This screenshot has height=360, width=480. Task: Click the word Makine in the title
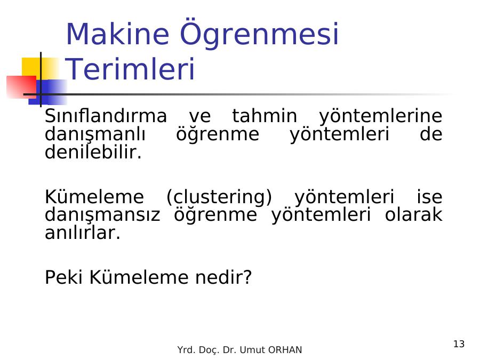tap(117, 34)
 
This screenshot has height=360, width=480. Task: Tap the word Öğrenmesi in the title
tap(259, 34)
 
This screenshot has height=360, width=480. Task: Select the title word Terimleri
tap(131, 69)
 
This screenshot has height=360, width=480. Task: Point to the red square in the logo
tap(21, 87)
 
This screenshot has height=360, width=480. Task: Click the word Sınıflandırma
tap(106, 116)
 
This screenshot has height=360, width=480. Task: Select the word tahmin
tap(265, 116)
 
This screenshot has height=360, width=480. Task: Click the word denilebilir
tap(93, 152)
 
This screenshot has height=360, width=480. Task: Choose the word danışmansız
tap(102, 215)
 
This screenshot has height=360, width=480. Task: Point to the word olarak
tap(413, 214)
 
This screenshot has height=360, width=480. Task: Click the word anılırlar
tap(83, 233)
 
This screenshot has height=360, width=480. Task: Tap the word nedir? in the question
tap(223, 277)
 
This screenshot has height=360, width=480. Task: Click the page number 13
tap(459, 344)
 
